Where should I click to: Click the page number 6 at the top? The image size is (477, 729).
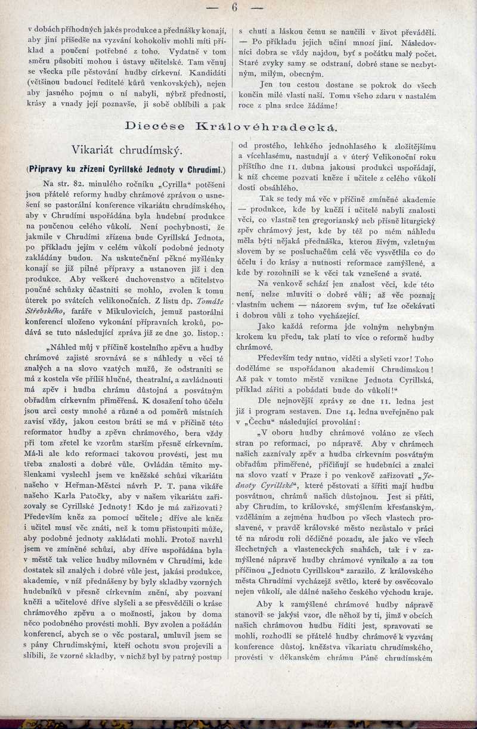[x=235, y=8]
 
